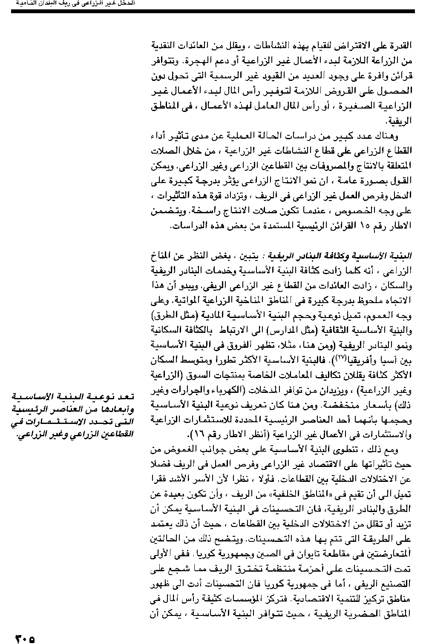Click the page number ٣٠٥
pos(25,638)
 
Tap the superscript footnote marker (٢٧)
pos(342,358)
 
